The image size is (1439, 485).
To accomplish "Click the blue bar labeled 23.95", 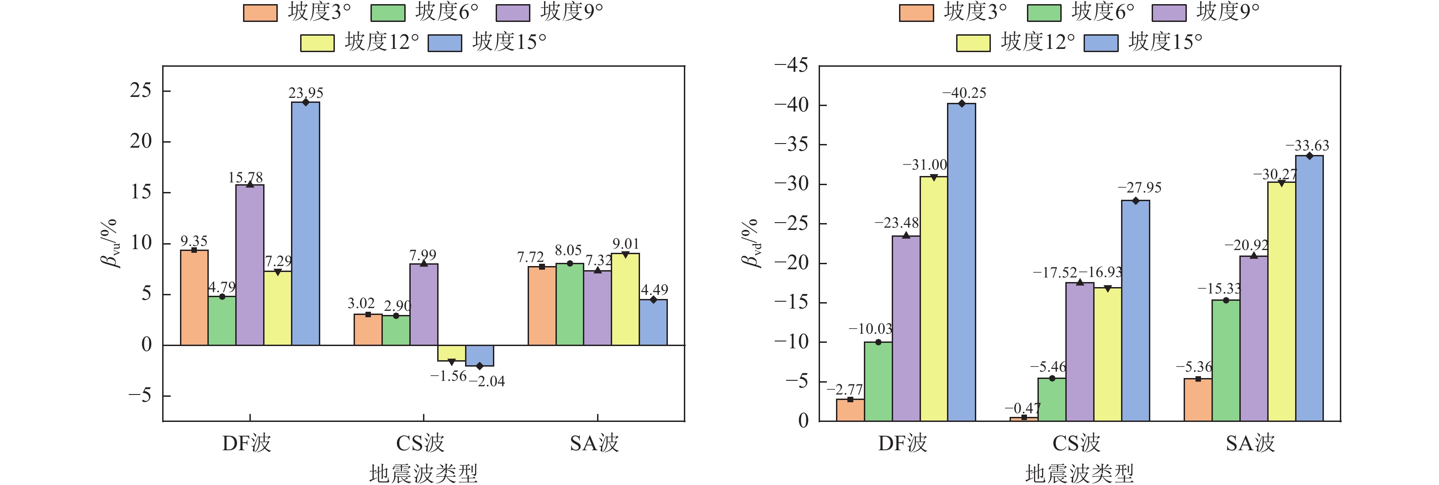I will click(x=306, y=224).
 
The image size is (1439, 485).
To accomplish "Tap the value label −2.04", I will click(x=487, y=382).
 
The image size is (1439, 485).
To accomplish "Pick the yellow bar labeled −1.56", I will click(x=451, y=353).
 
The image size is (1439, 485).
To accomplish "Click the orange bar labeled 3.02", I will click(x=368, y=330).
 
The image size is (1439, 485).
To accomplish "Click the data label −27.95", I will click(x=1140, y=188).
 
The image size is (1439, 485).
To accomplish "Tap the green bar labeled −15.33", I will click(x=1226, y=360).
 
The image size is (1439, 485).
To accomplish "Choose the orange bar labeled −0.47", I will click(x=1024, y=419).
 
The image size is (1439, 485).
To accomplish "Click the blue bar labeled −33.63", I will click(x=1309, y=288).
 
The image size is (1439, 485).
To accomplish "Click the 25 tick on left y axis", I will click(x=141, y=91).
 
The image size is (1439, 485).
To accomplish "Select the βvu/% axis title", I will click(x=110, y=244).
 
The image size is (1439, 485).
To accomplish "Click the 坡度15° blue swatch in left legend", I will click(x=444, y=43).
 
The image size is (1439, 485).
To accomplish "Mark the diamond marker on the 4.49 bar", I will click(x=653, y=300).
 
